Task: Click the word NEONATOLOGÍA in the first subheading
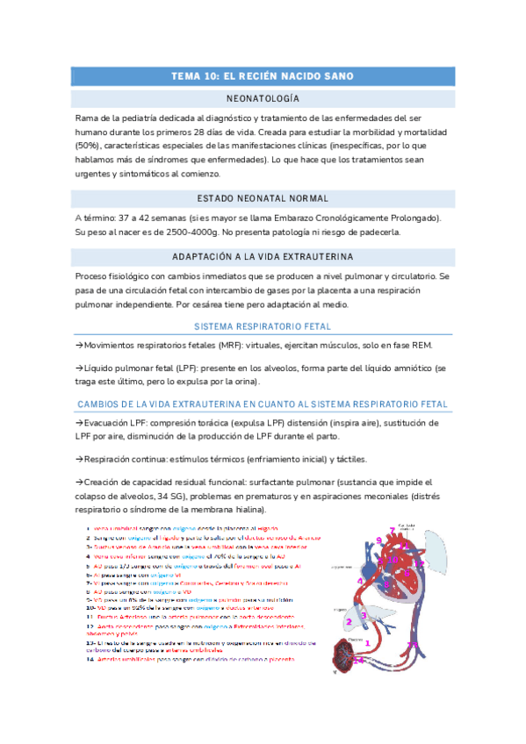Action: pyautogui.click(x=263, y=97)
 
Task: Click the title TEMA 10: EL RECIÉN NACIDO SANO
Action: pyautogui.click(x=263, y=76)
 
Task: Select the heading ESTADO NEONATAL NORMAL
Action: pyautogui.click(x=263, y=199)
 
